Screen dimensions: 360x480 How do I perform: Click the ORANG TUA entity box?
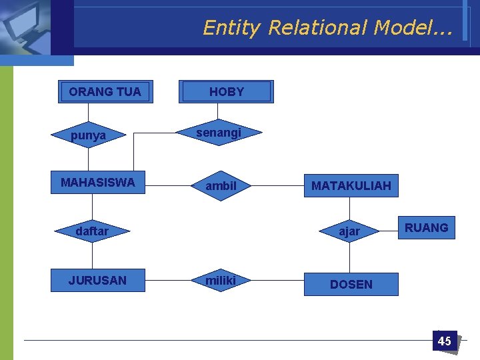[105, 92]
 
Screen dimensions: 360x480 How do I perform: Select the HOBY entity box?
[227, 92]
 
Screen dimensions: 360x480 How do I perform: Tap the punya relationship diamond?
[89, 135]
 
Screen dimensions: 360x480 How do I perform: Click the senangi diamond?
[219, 133]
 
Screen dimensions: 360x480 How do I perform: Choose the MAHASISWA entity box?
[97, 183]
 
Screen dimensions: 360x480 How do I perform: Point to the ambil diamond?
[221, 186]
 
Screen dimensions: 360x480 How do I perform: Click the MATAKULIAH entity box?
[351, 185]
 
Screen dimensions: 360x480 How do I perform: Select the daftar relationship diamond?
[92, 231]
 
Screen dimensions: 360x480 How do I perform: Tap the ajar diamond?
[349, 231]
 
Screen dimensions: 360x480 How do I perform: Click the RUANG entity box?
[426, 228]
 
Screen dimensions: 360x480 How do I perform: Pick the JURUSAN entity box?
[97, 281]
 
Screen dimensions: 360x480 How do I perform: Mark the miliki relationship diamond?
[221, 281]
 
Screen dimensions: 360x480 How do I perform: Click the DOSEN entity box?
[351, 284]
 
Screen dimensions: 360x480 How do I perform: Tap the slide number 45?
[444, 341]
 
